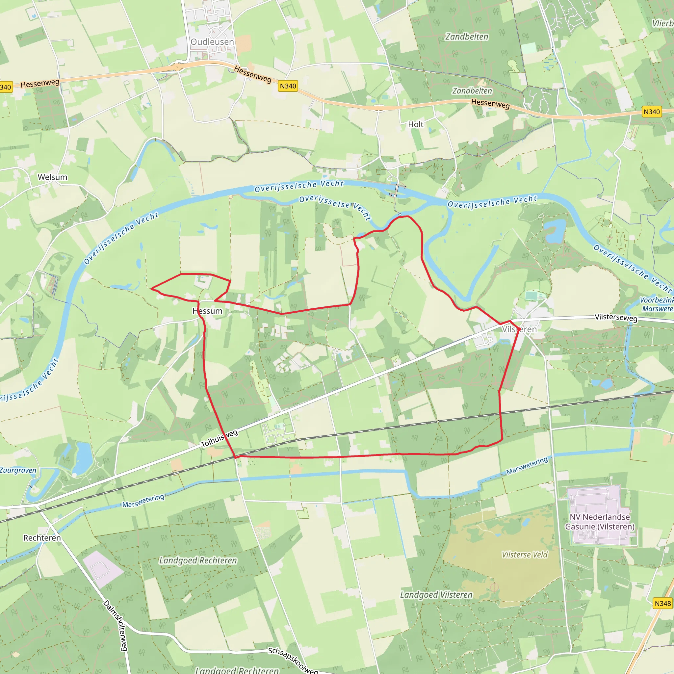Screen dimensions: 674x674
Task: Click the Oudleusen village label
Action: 212,42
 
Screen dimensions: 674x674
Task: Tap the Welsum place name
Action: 52,177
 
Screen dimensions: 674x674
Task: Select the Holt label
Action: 416,124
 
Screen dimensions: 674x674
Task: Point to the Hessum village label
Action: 207,311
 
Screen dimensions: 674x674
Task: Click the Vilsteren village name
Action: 519,329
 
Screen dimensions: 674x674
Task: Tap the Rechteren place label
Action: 42,538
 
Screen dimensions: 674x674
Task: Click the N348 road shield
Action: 662,604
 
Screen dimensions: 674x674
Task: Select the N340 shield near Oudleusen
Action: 288,86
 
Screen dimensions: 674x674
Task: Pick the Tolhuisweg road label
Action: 220,438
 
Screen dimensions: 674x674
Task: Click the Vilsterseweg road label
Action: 616,317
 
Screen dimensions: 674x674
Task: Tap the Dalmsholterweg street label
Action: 115,625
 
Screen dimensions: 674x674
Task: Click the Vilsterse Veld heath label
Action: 524,555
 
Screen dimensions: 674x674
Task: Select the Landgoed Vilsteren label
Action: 436,595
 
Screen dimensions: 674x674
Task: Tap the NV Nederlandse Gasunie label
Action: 600,522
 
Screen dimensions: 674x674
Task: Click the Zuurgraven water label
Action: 18,470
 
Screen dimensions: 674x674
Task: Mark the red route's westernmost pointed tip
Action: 151,289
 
